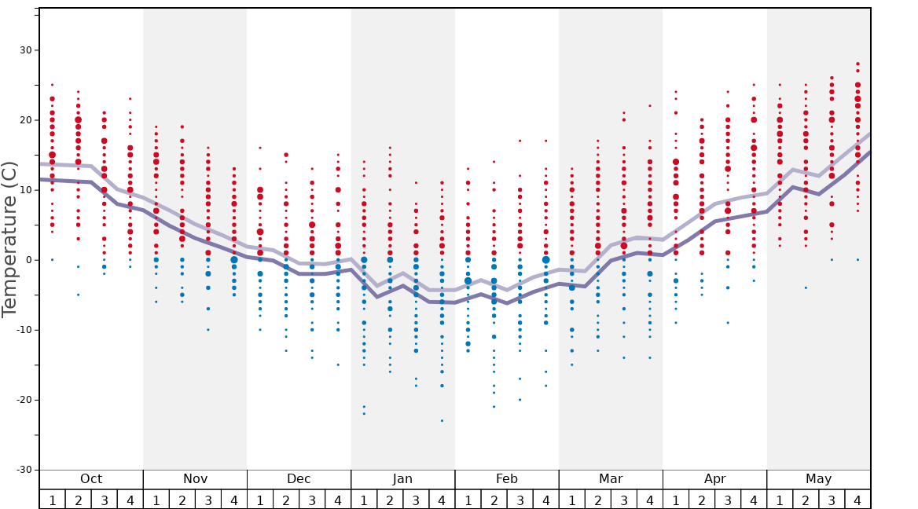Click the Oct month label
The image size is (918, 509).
click(x=91, y=479)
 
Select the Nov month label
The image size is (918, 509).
click(x=195, y=479)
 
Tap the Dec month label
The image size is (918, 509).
click(x=299, y=479)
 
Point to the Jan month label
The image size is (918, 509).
click(x=402, y=479)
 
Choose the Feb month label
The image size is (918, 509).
click(x=507, y=479)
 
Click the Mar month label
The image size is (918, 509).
click(x=611, y=479)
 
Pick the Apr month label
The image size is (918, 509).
click(x=714, y=479)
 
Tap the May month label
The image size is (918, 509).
click(x=818, y=479)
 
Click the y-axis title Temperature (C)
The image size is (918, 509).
click(x=9, y=239)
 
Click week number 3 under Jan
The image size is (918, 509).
click(x=416, y=500)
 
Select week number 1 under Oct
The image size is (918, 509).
click(x=52, y=500)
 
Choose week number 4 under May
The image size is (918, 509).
click(x=857, y=500)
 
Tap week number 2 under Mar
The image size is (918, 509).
click(x=598, y=500)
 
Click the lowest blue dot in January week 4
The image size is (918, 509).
click(x=442, y=420)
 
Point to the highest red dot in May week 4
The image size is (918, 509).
click(x=857, y=64)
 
